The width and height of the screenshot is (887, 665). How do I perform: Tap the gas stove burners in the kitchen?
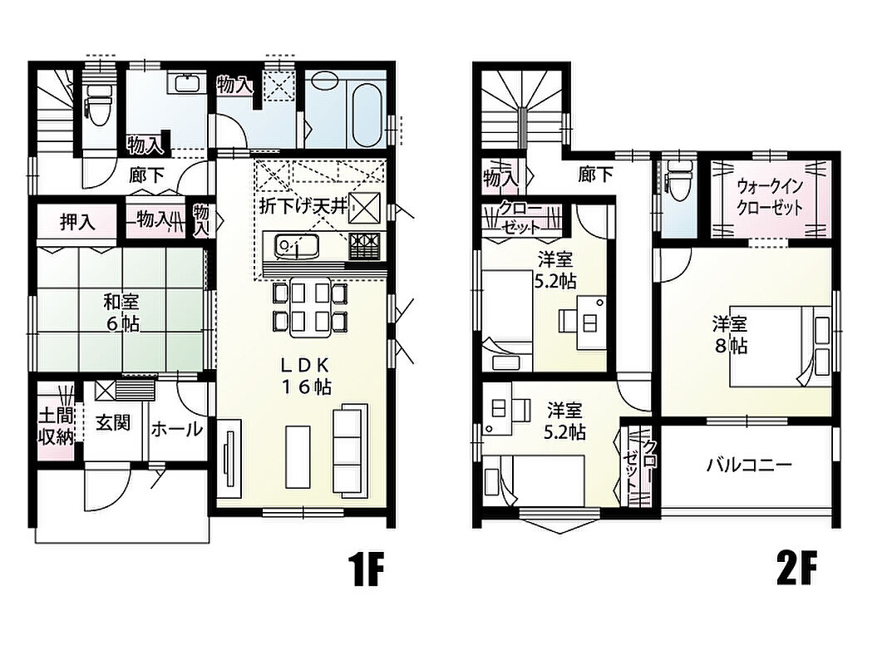tap(364, 246)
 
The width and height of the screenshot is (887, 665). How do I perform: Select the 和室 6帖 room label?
tap(121, 313)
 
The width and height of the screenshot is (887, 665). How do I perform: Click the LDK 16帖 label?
tap(306, 376)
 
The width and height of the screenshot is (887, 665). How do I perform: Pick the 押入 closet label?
tap(77, 222)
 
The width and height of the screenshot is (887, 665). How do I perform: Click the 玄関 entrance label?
tap(112, 422)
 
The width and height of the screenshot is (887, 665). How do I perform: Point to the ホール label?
tap(176, 429)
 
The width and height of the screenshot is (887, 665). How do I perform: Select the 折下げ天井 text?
tap(303, 206)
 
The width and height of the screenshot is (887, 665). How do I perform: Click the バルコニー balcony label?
tap(749, 465)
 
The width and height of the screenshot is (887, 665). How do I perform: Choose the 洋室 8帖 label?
tap(730, 335)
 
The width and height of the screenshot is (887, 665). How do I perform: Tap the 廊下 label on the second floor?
tap(595, 175)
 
